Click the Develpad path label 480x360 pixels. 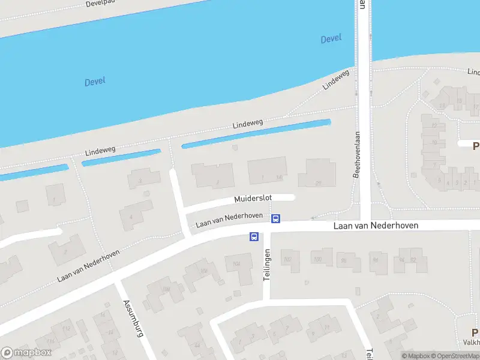point(100,4)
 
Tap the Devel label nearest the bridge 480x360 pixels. point(331,38)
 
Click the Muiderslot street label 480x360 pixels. point(253,198)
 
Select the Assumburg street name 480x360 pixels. point(133,318)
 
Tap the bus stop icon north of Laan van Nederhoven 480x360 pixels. point(275,219)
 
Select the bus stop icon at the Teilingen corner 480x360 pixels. point(254,237)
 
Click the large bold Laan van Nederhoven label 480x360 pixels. point(376,226)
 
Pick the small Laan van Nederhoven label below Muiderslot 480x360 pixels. point(229,220)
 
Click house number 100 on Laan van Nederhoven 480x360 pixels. point(317,259)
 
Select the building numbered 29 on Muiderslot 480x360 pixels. point(318,183)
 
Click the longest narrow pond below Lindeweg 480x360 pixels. point(256,134)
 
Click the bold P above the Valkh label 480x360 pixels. point(475,333)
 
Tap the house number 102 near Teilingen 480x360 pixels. point(287,259)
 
